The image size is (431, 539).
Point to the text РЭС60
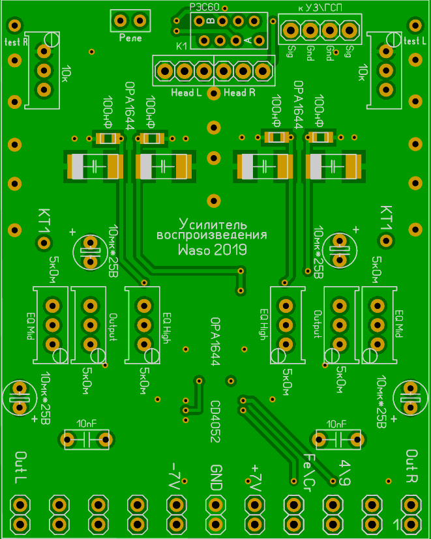(204, 6)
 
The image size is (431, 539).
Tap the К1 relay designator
(182, 46)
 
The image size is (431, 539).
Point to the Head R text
(239, 93)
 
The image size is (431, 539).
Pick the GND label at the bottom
(216, 478)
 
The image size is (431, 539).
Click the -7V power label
(174, 476)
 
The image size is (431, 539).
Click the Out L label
(21, 467)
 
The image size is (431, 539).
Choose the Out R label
(411, 465)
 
